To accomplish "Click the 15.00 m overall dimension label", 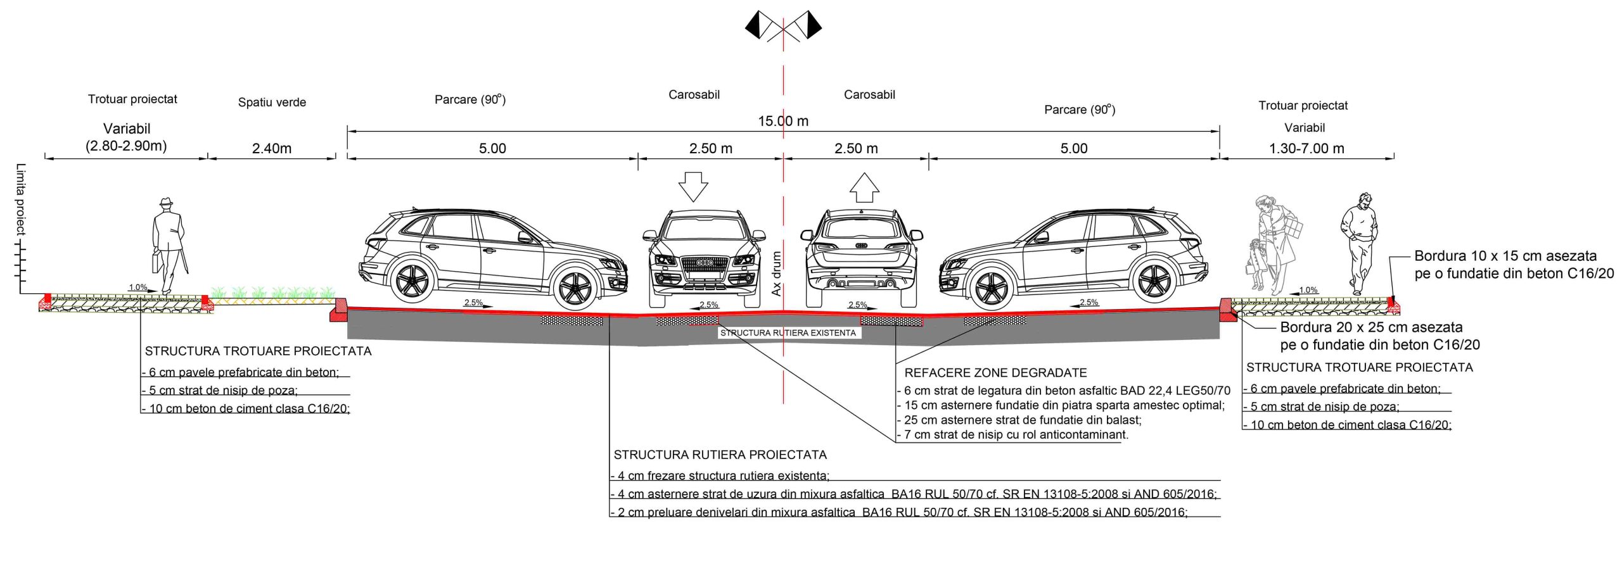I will pyautogui.click(x=782, y=121).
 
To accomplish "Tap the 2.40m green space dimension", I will pyautogui.click(x=272, y=149).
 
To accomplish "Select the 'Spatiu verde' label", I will pyautogui.click(x=272, y=103).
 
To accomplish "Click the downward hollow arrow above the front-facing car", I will pyautogui.click(x=693, y=186).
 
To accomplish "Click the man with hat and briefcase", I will pyautogui.click(x=168, y=244).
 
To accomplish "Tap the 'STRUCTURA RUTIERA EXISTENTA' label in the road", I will pyautogui.click(x=788, y=333).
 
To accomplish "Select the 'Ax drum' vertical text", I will pyautogui.click(x=777, y=274).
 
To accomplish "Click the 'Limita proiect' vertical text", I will pyautogui.click(x=21, y=199).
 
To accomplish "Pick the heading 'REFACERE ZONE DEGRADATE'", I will pyautogui.click(x=995, y=373).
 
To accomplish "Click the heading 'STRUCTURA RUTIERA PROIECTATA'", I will pyautogui.click(x=720, y=455).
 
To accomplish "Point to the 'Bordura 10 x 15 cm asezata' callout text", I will pyautogui.click(x=1505, y=256).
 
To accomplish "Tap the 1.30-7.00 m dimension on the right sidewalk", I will pyautogui.click(x=1306, y=149).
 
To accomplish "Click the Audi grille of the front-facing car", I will pyautogui.click(x=704, y=263).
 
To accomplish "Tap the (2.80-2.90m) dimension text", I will pyautogui.click(x=126, y=146).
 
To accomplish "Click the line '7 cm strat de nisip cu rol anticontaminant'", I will pyautogui.click(x=1016, y=435).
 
